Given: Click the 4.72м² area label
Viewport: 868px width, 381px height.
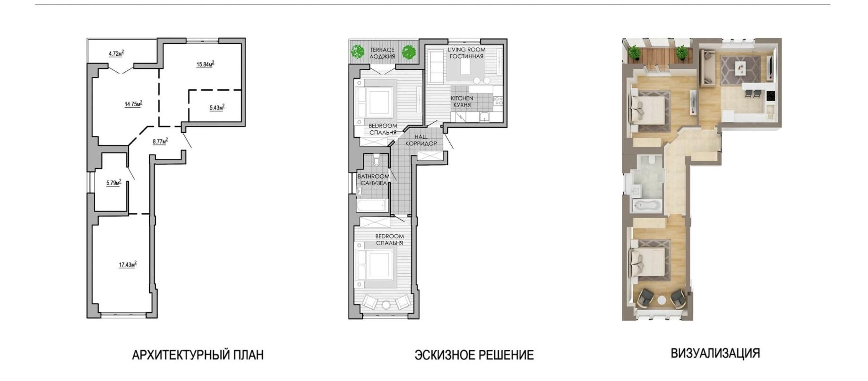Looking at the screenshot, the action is (116, 53).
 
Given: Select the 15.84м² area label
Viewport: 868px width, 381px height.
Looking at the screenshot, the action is (206, 64).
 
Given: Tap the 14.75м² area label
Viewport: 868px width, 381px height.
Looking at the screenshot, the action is (133, 104).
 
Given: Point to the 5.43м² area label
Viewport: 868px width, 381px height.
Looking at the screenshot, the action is (217, 108).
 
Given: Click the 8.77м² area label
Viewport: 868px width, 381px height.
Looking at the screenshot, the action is (160, 141).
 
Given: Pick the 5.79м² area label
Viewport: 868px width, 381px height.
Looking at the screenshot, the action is (113, 182).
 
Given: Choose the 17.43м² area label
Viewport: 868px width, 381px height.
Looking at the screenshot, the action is (128, 264).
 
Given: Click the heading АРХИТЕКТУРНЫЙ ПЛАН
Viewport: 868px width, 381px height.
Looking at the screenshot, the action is (198, 355).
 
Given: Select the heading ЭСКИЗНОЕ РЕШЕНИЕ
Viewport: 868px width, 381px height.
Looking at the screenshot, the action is (474, 355).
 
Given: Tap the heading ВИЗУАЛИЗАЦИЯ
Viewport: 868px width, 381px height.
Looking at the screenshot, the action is (715, 353).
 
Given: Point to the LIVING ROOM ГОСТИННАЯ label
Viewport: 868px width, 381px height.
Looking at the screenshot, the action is (466, 53).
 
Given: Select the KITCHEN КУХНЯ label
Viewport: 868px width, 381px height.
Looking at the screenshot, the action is (462, 102).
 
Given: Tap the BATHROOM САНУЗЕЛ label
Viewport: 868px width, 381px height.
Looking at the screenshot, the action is (374, 179).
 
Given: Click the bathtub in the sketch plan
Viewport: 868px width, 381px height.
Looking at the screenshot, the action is (372, 205).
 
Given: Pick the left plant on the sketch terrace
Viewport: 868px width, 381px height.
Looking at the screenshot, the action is (358, 51).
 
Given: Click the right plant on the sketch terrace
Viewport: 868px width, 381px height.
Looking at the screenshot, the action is (408, 52).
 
